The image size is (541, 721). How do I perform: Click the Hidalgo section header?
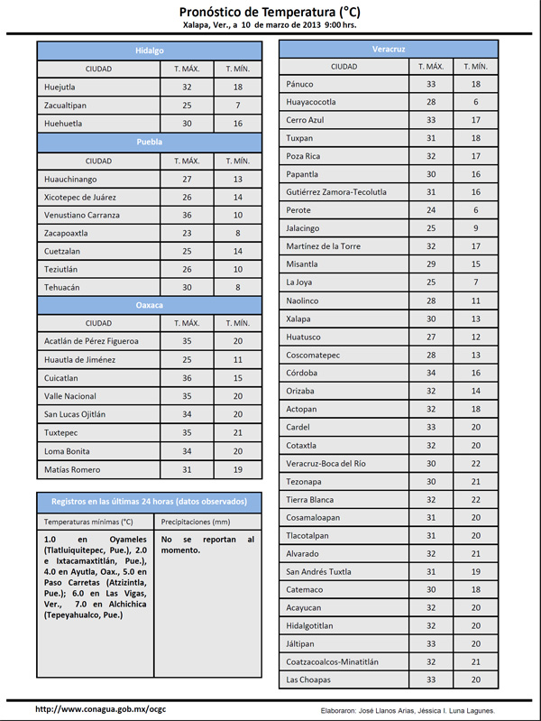(x=150, y=51)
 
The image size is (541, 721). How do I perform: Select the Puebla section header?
(x=150, y=143)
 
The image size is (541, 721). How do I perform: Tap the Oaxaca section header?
(x=150, y=305)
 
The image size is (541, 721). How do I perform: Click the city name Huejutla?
(x=60, y=88)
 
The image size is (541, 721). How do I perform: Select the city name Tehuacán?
(x=63, y=287)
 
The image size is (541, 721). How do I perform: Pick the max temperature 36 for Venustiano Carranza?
(x=188, y=215)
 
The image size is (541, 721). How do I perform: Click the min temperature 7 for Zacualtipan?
(x=238, y=106)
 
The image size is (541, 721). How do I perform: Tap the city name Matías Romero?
(x=71, y=469)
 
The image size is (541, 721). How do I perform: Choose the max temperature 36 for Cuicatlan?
(x=188, y=378)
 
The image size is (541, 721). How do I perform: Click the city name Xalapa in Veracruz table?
(x=298, y=319)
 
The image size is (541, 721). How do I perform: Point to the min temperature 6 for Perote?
(x=475, y=210)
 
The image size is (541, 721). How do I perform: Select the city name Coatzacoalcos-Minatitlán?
(x=332, y=661)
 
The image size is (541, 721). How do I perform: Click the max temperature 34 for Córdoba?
(x=431, y=373)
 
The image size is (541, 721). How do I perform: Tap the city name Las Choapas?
(x=308, y=679)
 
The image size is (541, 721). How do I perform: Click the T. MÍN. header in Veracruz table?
(x=475, y=67)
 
